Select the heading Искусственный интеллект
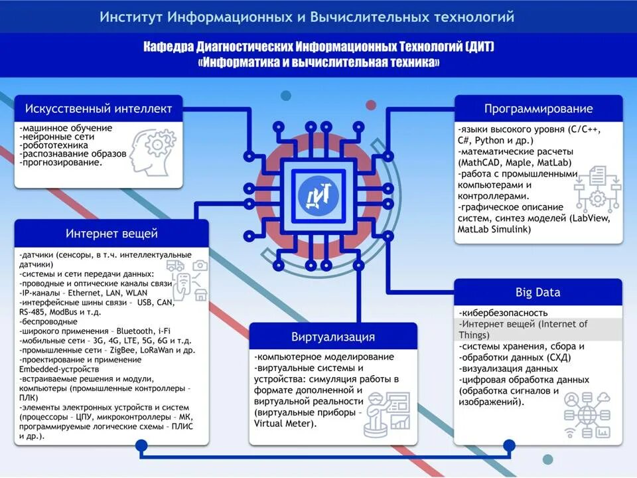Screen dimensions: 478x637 point(99,108)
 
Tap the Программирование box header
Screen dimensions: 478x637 point(538,109)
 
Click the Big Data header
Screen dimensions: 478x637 point(538,292)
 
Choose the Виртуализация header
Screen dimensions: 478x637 point(333,337)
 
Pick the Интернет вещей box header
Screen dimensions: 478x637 point(111,234)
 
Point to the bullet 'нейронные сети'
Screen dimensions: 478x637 point(58,136)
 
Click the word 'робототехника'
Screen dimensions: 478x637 point(55,145)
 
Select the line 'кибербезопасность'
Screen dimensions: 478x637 point(504,313)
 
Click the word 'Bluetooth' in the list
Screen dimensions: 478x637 point(136,331)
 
